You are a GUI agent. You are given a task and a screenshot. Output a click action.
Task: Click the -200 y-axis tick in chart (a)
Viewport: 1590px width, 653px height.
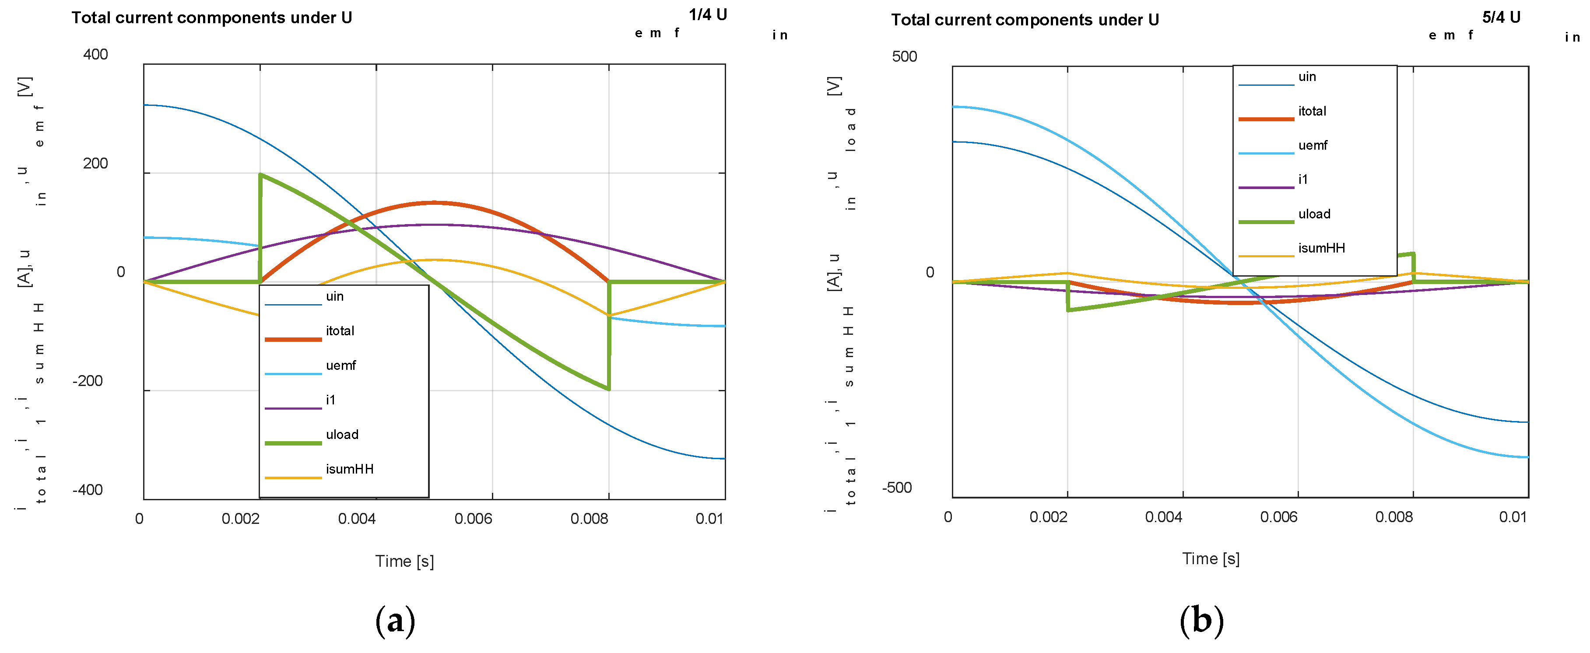tap(88, 381)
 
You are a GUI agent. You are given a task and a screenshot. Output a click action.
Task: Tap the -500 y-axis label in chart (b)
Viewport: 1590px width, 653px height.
tap(897, 488)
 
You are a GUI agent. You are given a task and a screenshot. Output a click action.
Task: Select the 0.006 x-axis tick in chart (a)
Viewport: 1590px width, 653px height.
tap(474, 519)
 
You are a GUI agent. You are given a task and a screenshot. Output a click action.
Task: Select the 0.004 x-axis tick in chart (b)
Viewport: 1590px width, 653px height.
tap(1163, 516)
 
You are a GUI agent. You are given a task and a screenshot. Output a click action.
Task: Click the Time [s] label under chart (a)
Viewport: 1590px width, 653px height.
tap(404, 561)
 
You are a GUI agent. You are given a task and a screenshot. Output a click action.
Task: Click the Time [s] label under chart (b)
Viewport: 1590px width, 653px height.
tap(1211, 558)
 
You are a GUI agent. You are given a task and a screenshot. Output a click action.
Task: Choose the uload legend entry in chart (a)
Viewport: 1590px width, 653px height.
tap(342, 435)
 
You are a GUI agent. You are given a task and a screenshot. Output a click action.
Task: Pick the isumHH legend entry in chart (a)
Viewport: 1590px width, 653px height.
tap(349, 469)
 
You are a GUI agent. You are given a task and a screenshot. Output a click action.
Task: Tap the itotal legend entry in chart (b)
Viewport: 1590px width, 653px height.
tap(1312, 111)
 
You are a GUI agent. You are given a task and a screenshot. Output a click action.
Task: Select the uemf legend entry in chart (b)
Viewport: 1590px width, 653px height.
tap(1312, 146)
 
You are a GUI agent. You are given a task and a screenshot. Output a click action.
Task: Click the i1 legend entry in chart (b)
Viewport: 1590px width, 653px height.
tap(1303, 179)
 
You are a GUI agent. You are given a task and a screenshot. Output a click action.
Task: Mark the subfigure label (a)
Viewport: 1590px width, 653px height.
tap(395, 620)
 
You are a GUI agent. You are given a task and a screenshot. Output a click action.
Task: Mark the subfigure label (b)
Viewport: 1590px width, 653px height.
tap(1201, 620)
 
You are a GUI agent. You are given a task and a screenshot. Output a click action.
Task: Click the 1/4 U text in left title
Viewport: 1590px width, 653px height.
tap(707, 15)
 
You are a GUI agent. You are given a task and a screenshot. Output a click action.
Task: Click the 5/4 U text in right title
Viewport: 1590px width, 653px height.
tap(1501, 17)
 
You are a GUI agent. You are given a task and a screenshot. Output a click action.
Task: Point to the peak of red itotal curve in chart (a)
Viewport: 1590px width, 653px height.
tap(433, 203)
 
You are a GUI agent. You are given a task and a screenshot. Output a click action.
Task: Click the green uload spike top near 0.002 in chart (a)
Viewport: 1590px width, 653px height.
tap(260, 175)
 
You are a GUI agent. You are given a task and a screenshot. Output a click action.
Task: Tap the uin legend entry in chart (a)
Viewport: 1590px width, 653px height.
tap(334, 296)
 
